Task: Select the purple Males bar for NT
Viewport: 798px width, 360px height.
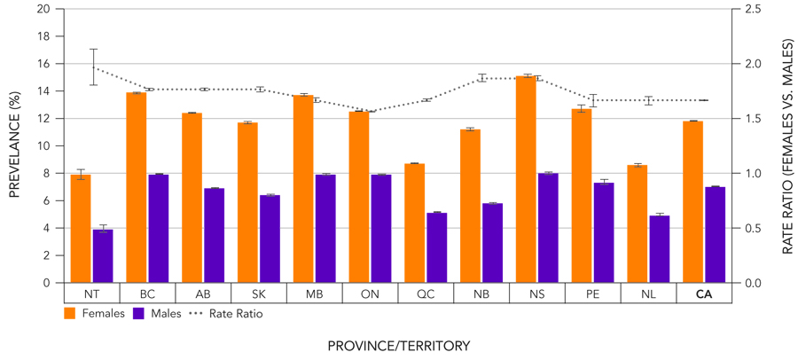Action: tap(103, 256)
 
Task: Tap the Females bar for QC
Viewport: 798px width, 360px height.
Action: tap(415, 223)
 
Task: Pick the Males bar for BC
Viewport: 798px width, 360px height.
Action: tap(159, 229)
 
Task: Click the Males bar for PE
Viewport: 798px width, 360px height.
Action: tap(604, 232)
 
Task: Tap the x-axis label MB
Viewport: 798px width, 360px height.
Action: tap(314, 294)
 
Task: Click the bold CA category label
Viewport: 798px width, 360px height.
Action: tap(705, 294)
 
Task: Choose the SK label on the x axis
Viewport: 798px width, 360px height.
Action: tap(258, 294)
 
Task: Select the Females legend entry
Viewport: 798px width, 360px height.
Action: tap(96, 313)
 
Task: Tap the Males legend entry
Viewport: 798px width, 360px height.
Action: tap(157, 313)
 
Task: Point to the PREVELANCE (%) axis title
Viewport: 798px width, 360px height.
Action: tap(15, 146)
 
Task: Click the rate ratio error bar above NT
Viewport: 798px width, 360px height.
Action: tap(93, 67)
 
